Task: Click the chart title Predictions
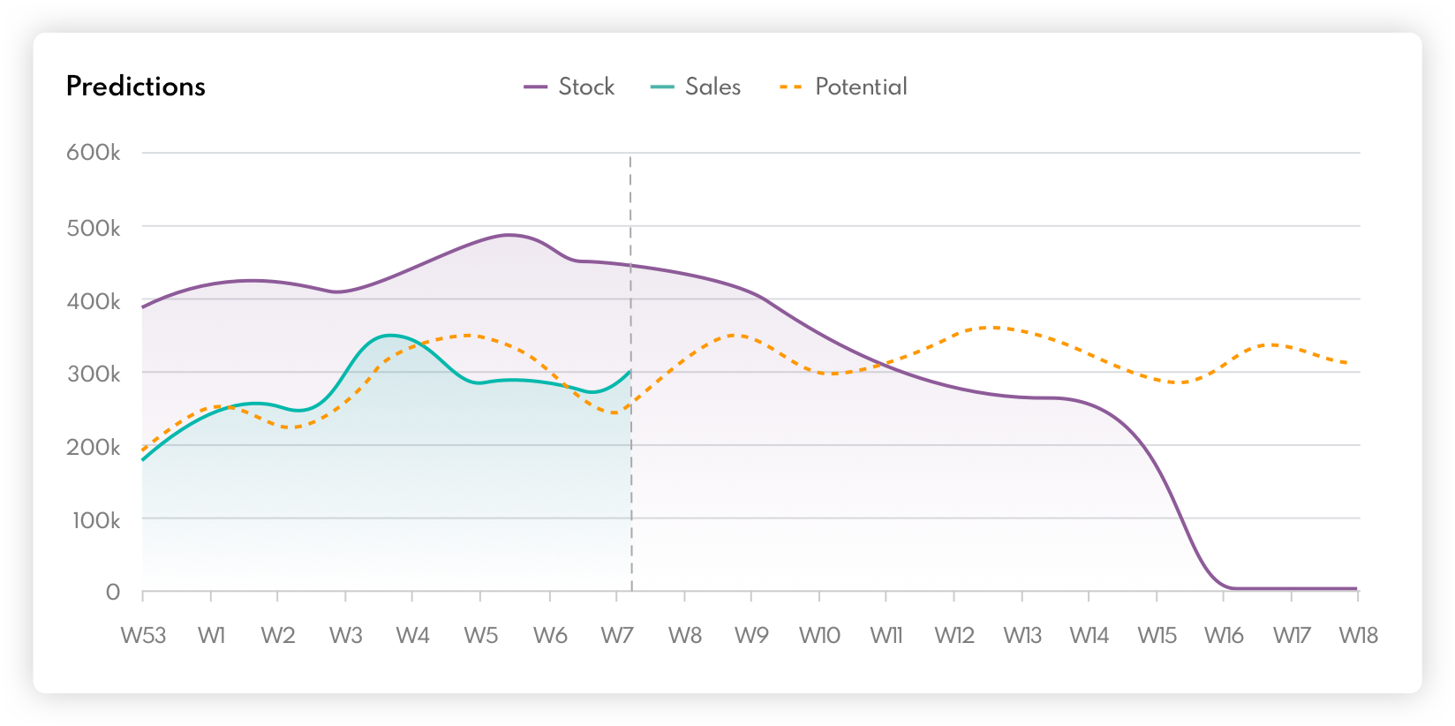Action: click(136, 87)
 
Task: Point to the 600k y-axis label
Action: click(94, 153)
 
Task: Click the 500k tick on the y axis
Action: click(94, 228)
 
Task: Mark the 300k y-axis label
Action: click(94, 374)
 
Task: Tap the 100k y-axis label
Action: click(96, 520)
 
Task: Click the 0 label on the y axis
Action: click(113, 593)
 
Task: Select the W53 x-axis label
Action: click(143, 635)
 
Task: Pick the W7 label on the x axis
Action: click(617, 635)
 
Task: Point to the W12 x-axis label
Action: click(954, 635)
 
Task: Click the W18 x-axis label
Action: click(1358, 635)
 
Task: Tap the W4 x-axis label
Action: click(412, 635)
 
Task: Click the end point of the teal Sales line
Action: click(629, 372)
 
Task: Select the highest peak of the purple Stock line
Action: click(509, 235)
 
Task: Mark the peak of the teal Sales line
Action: click(389, 336)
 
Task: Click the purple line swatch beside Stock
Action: click(536, 87)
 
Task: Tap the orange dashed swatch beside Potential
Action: click(791, 87)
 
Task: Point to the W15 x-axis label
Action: click(1157, 635)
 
